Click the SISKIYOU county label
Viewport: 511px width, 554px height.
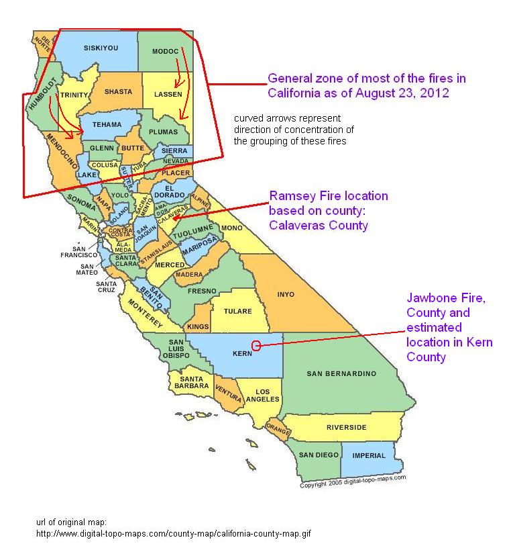click(x=101, y=48)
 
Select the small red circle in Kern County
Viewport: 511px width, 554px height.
click(x=255, y=346)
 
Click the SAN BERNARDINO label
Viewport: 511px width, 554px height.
click(x=341, y=373)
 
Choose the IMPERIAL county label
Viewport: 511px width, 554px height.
click(x=369, y=455)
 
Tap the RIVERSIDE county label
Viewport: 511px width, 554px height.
click(x=347, y=427)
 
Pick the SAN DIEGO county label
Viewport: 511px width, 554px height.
click(x=319, y=455)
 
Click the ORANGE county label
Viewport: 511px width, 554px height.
click(x=277, y=426)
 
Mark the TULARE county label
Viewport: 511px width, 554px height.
click(x=238, y=311)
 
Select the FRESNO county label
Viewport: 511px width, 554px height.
click(x=202, y=291)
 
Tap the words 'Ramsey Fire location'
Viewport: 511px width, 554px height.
click(x=329, y=196)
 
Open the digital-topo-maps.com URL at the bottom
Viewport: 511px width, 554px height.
click(x=174, y=535)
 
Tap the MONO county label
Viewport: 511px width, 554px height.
click(x=231, y=228)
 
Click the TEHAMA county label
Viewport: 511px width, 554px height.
click(x=107, y=124)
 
